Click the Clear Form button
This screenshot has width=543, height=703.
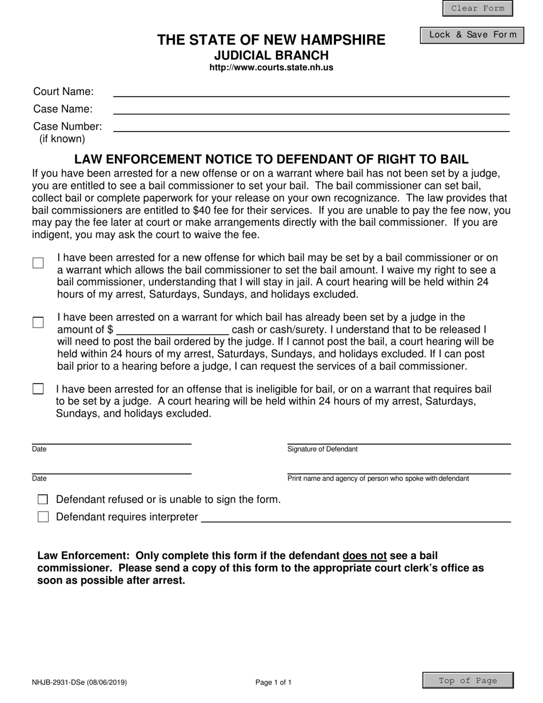[x=477, y=9]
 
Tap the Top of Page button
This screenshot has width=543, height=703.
[x=468, y=681]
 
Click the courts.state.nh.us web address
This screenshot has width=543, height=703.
[x=271, y=67]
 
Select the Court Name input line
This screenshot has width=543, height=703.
[x=311, y=91]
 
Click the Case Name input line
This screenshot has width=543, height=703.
[x=311, y=109]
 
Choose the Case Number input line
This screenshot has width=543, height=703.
[x=311, y=126]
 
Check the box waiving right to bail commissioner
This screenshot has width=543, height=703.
[x=38, y=263]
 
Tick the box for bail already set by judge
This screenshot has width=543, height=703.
[x=38, y=322]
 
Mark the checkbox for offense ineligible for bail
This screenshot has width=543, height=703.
[x=38, y=389]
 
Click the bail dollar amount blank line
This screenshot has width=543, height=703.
[x=172, y=330]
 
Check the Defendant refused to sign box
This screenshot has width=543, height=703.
[x=43, y=500]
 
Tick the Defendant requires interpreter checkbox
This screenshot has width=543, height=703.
[x=43, y=517]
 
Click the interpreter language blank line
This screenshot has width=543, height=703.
[x=356, y=517]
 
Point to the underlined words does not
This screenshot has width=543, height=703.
[x=365, y=556]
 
